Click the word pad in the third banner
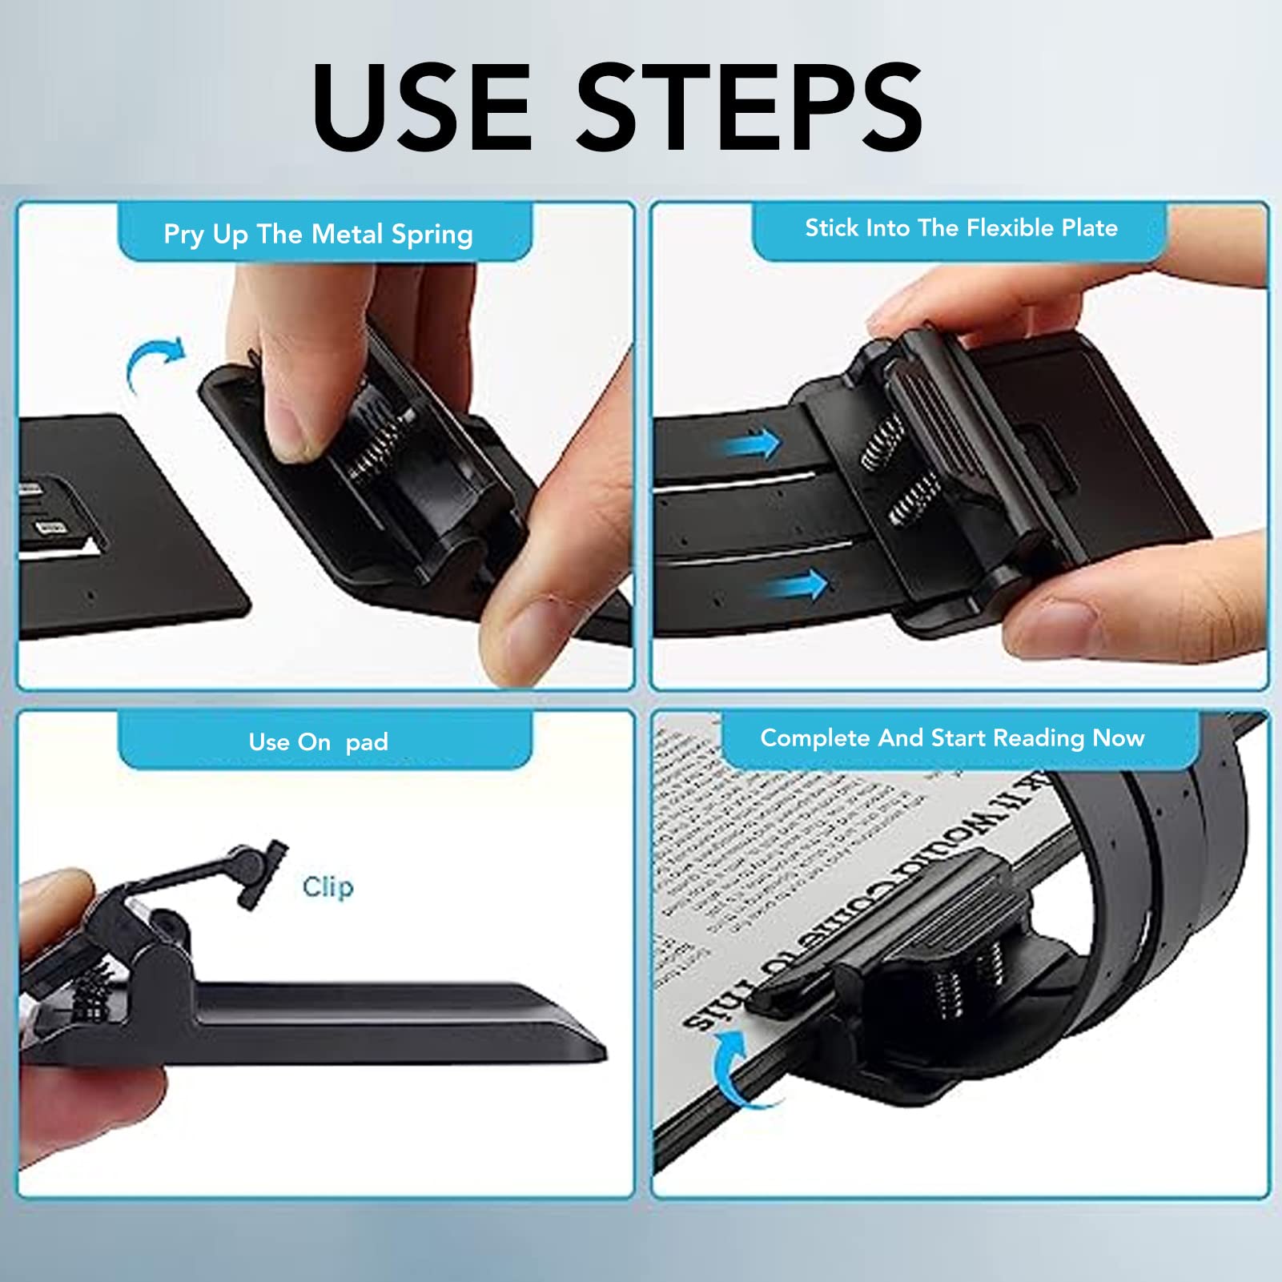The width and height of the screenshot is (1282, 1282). pyautogui.click(x=367, y=742)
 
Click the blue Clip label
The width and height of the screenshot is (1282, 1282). pyautogui.click(x=328, y=886)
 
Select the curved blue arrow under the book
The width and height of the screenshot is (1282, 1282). pyautogui.click(x=737, y=1069)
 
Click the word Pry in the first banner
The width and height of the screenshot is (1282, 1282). pyautogui.click(x=183, y=235)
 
